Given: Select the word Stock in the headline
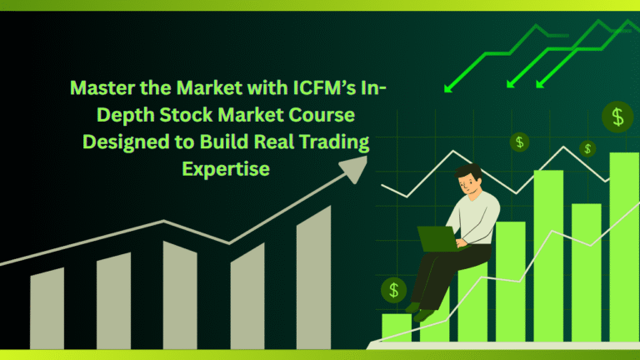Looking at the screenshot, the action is click(185, 115).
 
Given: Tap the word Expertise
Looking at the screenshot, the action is click(226, 169).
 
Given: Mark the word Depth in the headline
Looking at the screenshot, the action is click(125, 116).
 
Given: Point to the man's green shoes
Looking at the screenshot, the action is click(419, 312).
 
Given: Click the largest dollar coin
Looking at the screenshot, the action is click(617, 117).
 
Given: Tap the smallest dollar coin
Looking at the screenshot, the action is click(587, 149).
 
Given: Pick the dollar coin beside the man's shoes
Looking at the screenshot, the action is click(393, 290).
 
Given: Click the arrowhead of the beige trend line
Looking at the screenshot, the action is click(355, 168).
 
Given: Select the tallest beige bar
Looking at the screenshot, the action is click(313, 277).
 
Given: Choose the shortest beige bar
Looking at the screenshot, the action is click(47, 308).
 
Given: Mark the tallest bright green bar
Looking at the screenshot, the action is click(624, 247).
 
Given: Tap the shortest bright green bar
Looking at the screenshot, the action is click(397, 327).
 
